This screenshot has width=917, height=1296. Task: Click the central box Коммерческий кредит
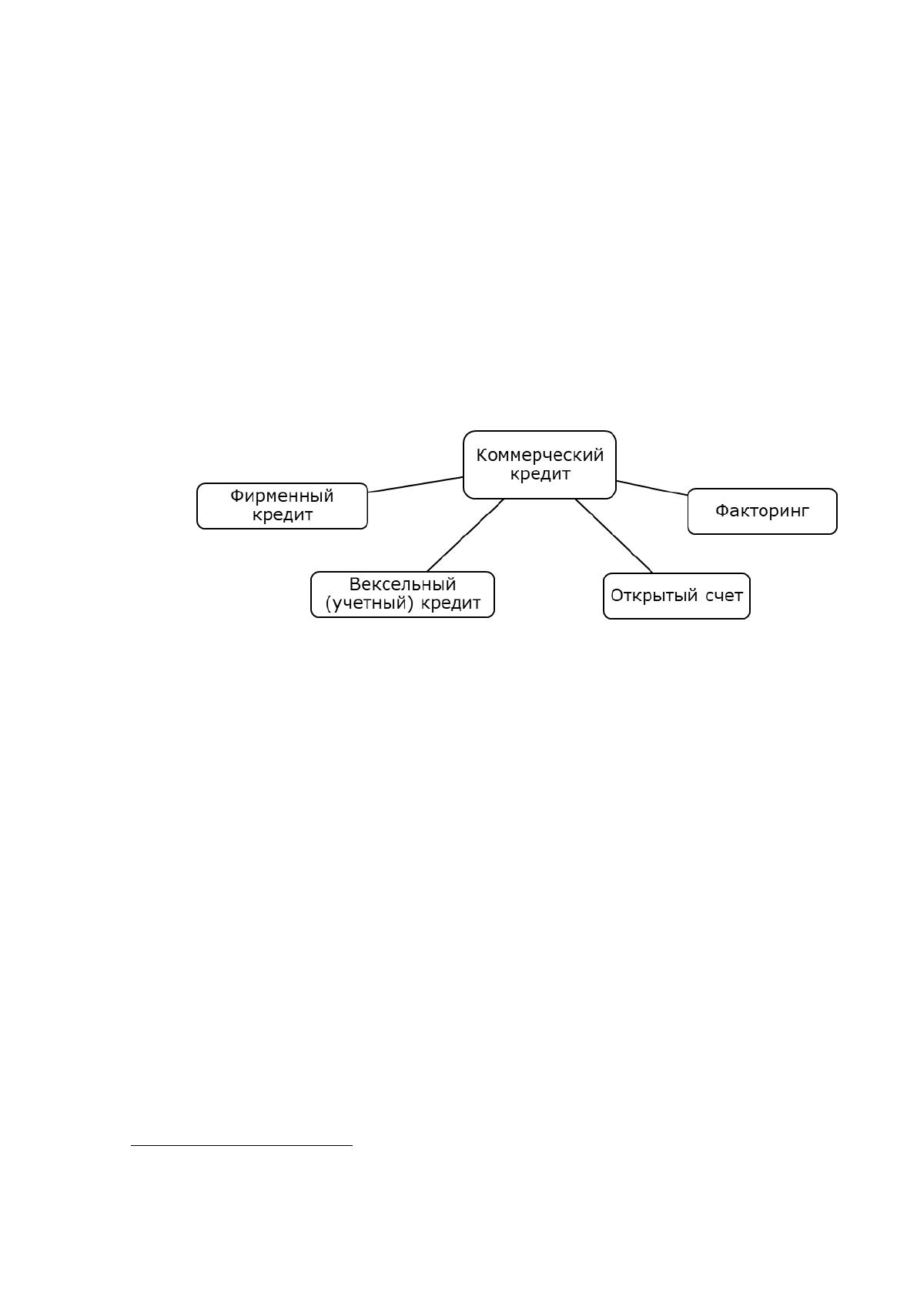539,464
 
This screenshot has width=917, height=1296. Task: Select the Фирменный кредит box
282,506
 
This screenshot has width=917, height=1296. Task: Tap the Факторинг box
761,511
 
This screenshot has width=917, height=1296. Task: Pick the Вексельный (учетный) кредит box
403,594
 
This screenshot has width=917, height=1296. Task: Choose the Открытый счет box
676,596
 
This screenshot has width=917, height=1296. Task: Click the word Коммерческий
540,455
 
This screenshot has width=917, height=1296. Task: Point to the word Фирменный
282,496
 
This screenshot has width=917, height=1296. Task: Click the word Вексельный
403,584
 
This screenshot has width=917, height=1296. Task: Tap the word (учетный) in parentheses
370,603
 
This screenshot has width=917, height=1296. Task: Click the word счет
725,596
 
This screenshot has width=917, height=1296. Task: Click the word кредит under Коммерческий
540,474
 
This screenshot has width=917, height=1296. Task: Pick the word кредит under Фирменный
282,515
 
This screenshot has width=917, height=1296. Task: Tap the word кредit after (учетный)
450,603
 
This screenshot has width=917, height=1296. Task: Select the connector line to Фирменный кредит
416,485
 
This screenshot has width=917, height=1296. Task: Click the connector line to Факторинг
652,488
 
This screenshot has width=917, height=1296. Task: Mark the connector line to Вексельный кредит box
466,535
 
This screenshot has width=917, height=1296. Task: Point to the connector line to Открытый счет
614,536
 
